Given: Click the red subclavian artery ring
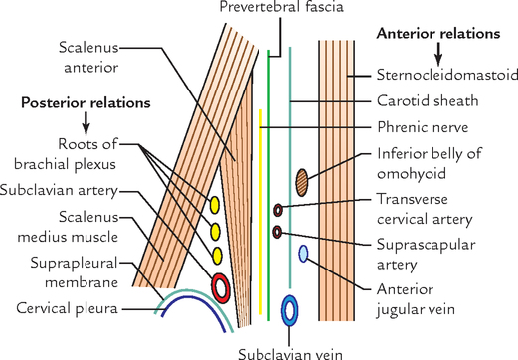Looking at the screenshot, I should point(221,287).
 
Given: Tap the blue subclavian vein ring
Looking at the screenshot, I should point(290,310).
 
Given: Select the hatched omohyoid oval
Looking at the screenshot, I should point(303,180).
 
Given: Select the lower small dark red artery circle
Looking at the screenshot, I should point(277,232).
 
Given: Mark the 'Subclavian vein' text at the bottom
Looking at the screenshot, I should point(292,350).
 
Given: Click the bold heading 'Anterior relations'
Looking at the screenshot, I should point(437,34).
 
